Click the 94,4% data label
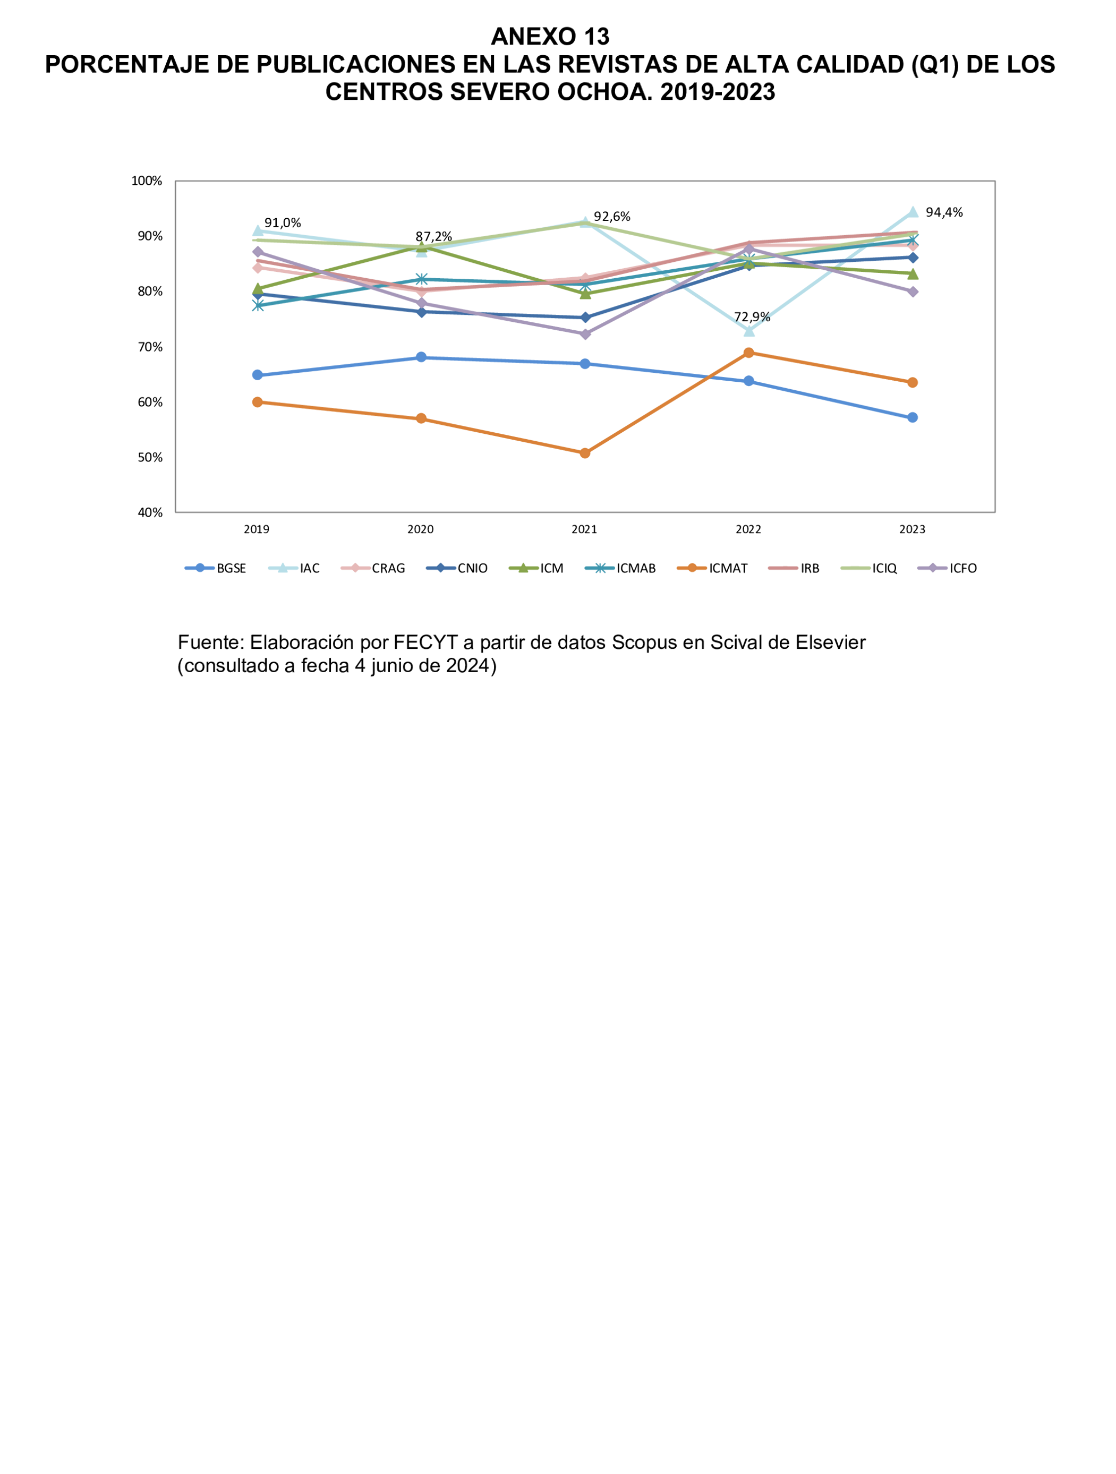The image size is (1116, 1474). click(x=944, y=212)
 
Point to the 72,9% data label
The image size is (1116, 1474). click(x=752, y=317)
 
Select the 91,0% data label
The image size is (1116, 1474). click(x=283, y=223)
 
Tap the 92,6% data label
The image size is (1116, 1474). click(x=612, y=217)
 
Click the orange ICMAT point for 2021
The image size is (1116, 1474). click(x=585, y=453)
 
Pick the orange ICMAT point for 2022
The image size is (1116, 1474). click(x=748, y=353)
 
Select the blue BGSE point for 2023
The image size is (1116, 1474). click(x=913, y=417)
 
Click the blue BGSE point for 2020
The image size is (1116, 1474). click(x=421, y=357)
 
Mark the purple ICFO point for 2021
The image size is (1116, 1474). click(x=585, y=334)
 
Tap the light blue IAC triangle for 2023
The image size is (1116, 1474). click(x=913, y=212)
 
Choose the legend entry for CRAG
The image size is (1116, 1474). click(x=373, y=568)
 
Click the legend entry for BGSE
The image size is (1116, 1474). click(x=216, y=568)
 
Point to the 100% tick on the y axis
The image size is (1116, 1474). click(x=147, y=181)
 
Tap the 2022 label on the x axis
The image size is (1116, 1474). click(x=748, y=529)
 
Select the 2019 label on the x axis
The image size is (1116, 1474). click(x=257, y=529)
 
